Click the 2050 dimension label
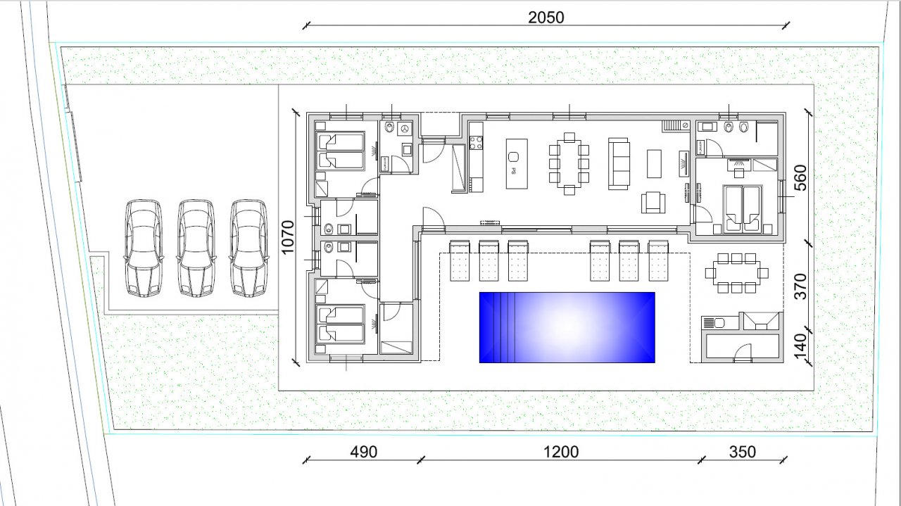(x=546, y=18)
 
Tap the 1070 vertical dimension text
(x=288, y=237)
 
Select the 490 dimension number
(x=364, y=452)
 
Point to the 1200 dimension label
(x=561, y=452)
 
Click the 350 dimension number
(x=743, y=452)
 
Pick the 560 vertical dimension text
(x=800, y=178)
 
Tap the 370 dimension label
(x=800, y=286)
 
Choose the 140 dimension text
(x=800, y=346)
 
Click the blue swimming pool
(x=567, y=327)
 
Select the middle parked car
(x=196, y=248)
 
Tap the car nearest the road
(x=144, y=248)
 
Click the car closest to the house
(x=248, y=248)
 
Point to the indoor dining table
(x=569, y=164)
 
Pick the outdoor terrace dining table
(x=736, y=273)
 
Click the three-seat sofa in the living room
(x=619, y=164)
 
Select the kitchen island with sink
(x=517, y=164)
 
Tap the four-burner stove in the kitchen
(x=476, y=143)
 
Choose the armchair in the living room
(x=653, y=202)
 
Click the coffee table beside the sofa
(x=654, y=164)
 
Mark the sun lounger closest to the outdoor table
(x=658, y=260)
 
